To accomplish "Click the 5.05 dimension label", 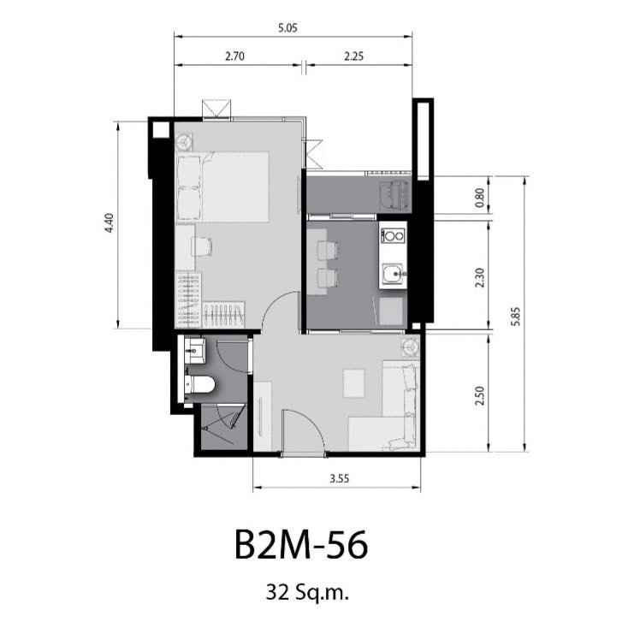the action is pyautogui.click(x=287, y=28).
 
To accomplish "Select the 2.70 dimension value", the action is pyautogui.click(x=234, y=56).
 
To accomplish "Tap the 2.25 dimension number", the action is pyautogui.click(x=353, y=56).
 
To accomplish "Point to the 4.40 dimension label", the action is pyautogui.click(x=109, y=223).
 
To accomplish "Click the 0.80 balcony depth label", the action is pyautogui.click(x=479, y=198).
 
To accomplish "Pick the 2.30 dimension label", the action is pyautogui.click(x=479, y=277).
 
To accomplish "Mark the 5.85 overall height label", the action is pyautogui.click(x=516, y=317).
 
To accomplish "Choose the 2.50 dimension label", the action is pyautogui.click(x=479, y=395).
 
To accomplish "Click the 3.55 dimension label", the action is pyautogui.click(x=339, y=478).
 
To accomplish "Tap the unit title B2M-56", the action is pyautogui.click(x=301, y=545).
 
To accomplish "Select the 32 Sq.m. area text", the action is pyautogui.click(x=307, y=592).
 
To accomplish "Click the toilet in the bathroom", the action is pyautogui.click(x=200, y=384).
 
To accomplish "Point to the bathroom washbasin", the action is pyautogui.click(x=195, y=351).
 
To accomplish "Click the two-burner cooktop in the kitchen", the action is pyautogui.click(x=393, y=236).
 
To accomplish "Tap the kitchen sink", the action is pyautogui.click(x=392, y=274).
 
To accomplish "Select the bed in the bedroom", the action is pyautogui.click(x=222, y=187).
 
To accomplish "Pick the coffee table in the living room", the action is pyautogui.click(x=354, y=383).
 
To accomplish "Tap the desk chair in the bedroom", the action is pyautogui.click(x=202, y=246).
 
